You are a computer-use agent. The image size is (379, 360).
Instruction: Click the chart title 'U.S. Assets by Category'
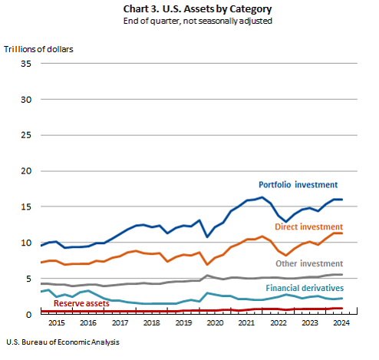tap(217, 9)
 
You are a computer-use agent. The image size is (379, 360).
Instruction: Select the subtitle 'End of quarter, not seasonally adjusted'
tap(198, 21)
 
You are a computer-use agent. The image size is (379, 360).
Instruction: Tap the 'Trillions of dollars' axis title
tap(38, 49)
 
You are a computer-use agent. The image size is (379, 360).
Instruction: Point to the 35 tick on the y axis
tap(26, 64)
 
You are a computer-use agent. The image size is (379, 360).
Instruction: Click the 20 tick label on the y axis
tap(26, 171)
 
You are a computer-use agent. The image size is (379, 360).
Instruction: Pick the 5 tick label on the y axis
tap(28, 279)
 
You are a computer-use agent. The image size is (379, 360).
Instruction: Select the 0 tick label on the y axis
tap(28, 315)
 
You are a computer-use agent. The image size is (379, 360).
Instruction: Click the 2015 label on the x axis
tap(57, 323)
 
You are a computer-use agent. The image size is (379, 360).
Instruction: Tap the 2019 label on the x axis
tap(183, 323)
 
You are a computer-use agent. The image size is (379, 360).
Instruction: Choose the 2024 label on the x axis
tap(341, 323)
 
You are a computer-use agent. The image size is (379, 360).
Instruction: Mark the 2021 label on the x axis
tap(246, 323)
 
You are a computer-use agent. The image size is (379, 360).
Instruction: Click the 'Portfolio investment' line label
tap(298, 185)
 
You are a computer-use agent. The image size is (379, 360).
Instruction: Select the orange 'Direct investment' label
tap(309, 226)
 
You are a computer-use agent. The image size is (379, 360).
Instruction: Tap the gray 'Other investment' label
tap(309, 263)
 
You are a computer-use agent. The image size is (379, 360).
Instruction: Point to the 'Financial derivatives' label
tap(305, 288)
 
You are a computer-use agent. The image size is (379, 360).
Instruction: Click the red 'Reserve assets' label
tap(81, 303)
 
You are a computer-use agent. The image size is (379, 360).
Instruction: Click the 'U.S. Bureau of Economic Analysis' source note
tap(63, 342)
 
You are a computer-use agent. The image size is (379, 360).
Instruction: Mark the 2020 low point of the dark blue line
tap(207, 237)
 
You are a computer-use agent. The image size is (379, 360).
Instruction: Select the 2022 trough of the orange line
tap(286, 255)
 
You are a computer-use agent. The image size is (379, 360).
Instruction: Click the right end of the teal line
tap(342, 299)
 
